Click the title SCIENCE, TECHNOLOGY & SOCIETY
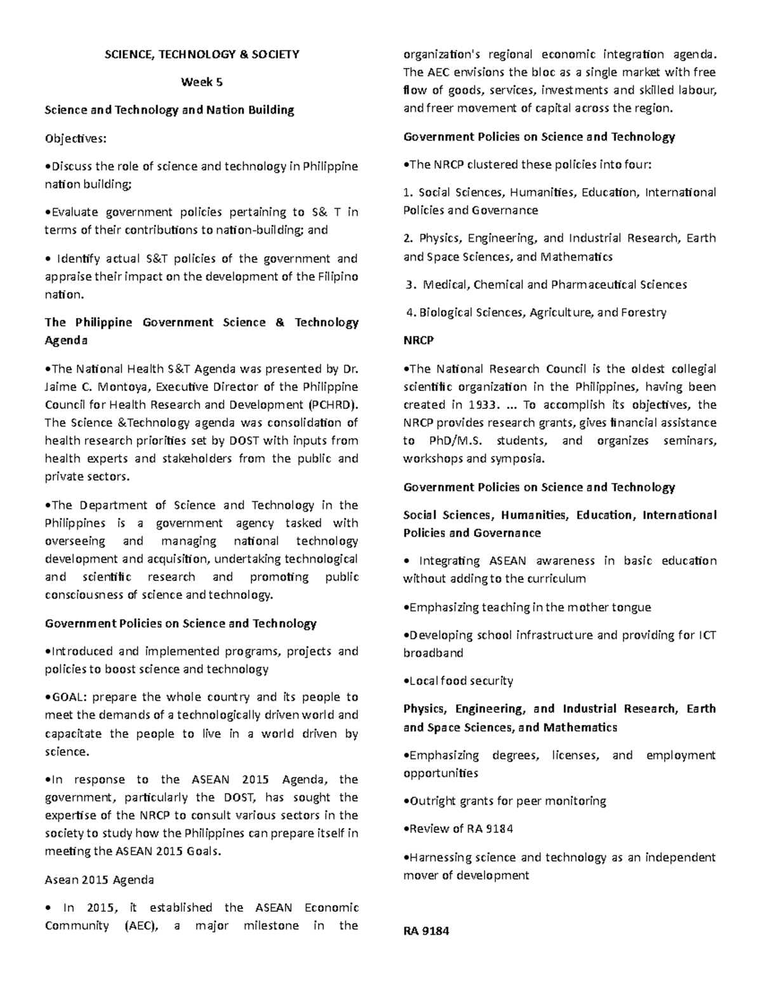coord(201,55)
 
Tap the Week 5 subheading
coord(201,82)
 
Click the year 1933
coord(481,404)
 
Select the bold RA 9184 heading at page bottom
coord(425,931)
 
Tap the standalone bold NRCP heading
coord(418,340)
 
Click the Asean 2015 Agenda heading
coord(99,880)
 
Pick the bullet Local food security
coord(458,681)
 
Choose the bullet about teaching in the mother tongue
coord(527,607)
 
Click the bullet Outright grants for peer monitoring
coord(505,801)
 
